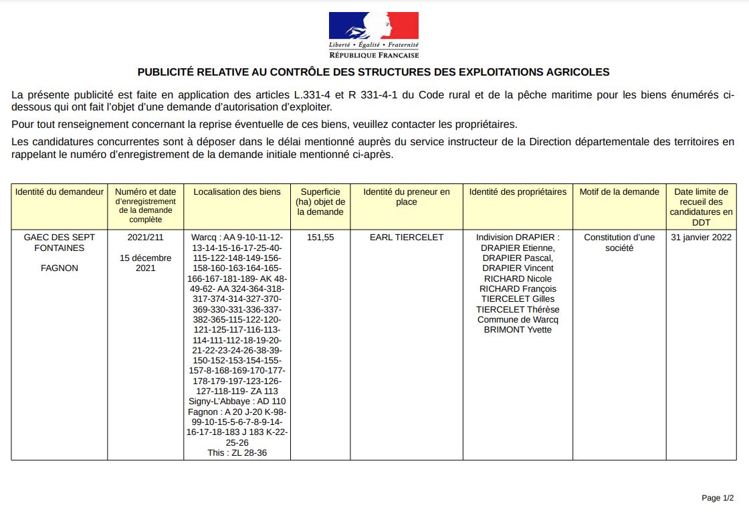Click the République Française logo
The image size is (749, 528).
coord(374,34)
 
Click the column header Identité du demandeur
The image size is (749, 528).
coord(60,192)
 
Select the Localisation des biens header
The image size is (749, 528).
coord(237,192)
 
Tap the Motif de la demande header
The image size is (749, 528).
coord(619,192)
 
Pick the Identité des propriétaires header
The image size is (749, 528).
coord(518,192)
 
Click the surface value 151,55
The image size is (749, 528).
coord(320,238)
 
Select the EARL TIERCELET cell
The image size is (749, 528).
coord(407,238)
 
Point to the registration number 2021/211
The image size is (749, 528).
coord(145,238)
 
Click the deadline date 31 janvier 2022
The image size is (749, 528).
coord(702,238)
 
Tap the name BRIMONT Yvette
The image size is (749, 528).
coord(518,330)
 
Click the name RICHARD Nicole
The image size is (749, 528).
coord(518,278)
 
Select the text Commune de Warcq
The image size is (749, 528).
coord(518,320)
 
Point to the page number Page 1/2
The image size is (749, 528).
coord(718,498)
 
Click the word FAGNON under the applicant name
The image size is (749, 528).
coord(60,268)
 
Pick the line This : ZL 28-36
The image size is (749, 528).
coord(237,453)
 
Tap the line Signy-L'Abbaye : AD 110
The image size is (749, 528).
coord(237,402)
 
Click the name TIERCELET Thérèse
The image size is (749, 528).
coord(518,310)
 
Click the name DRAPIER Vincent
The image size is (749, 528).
coord(518,268)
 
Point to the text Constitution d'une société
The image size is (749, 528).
coord(619,242)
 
